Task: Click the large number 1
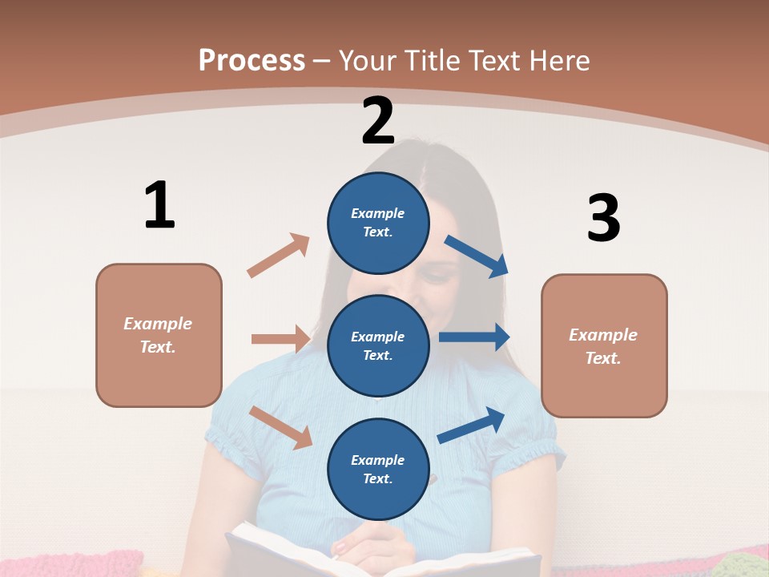[x=159, y=205]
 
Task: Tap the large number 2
[x=378, y=121]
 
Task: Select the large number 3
[x=603, y=218]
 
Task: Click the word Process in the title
[x=252, y=60]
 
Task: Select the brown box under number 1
[x=159, y=335]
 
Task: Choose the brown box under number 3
[x=604, y=345]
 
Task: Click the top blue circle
[x=378, y=222]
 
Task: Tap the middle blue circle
[x=378, y=345]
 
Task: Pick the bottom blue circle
[x=378, y=469]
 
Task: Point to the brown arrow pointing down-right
[x=281, y=427]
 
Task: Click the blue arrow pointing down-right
[x=476, y=256]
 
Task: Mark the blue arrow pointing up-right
[x=471, y=425]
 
